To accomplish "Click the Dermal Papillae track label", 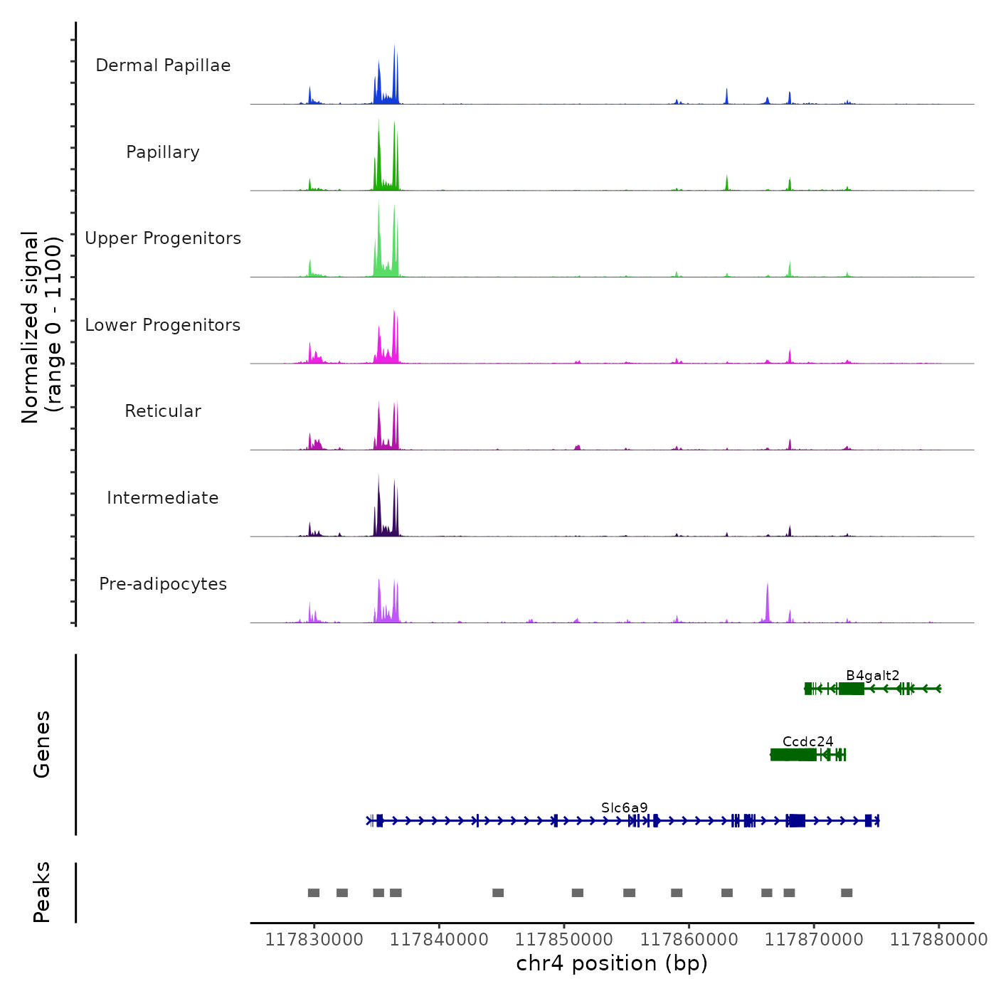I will point(163,65).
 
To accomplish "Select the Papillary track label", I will point(163,152).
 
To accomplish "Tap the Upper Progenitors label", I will point(163,238).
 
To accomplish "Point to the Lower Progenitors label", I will point(163,325).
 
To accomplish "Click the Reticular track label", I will point(163,411).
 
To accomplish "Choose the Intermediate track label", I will point(163,498).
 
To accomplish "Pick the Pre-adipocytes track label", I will point(163,584).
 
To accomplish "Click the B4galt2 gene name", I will point(872,675).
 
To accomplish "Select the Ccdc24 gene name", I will point(807,741).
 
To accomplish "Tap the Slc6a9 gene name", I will point(625,807).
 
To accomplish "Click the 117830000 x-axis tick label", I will point(314,940).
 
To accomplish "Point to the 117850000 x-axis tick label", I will point(564,940).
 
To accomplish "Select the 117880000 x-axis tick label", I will point(939,940).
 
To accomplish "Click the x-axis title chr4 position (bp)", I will point(612,963).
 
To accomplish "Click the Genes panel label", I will point(42,744).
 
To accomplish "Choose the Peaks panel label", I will point(42,892).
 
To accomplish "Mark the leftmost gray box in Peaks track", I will point(314,893).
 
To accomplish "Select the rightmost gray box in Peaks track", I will point(847,893).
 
